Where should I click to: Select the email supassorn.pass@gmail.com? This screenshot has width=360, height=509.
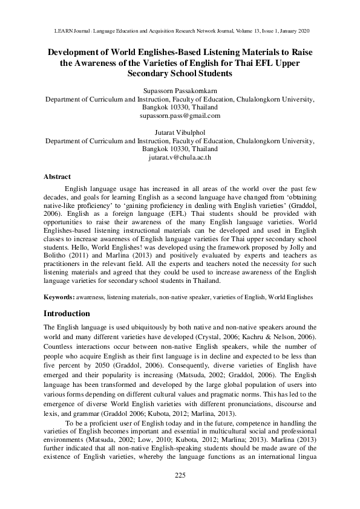point(180,115)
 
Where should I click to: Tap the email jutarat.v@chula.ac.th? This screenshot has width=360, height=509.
point(180,157)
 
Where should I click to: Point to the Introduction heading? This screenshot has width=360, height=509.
point(67,314)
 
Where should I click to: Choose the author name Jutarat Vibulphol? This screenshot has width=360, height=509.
point(180,132)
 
